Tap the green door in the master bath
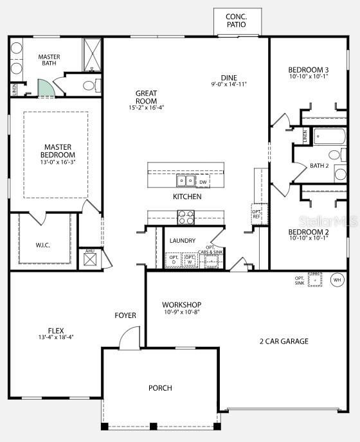point(46,89)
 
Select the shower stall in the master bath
point(92,55)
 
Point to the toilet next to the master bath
point(89,85)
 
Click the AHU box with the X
point(89,260)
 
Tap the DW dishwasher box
point(203,182)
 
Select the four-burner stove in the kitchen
point(186,218)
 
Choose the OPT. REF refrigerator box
point(256,213)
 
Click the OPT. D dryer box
point(174,260)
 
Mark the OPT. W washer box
point(190,260)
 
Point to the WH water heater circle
point(337,280)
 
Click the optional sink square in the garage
point(314,279)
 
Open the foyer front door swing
point(130,339)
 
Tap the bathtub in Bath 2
point(329,137)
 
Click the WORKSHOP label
point(181,305)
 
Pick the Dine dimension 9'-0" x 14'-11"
point(229,84)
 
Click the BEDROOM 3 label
point(308,69)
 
